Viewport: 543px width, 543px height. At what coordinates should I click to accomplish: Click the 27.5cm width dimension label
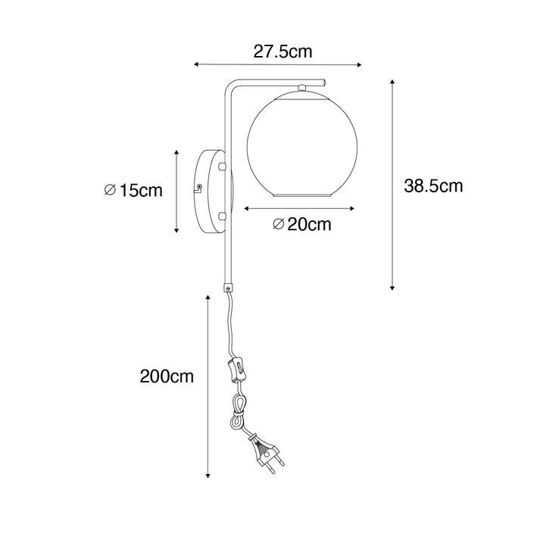(282, 51)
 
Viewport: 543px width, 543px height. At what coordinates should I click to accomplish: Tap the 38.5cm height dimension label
(433, 186)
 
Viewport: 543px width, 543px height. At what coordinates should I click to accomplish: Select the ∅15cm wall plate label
(133, 190)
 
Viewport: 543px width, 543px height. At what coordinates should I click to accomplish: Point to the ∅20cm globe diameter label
(302, 224)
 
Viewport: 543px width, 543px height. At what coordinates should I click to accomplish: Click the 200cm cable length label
(167, 376)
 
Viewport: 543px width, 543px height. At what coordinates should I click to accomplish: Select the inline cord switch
(237, 370)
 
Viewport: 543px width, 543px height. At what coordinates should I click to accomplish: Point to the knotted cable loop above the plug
(239, 412)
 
